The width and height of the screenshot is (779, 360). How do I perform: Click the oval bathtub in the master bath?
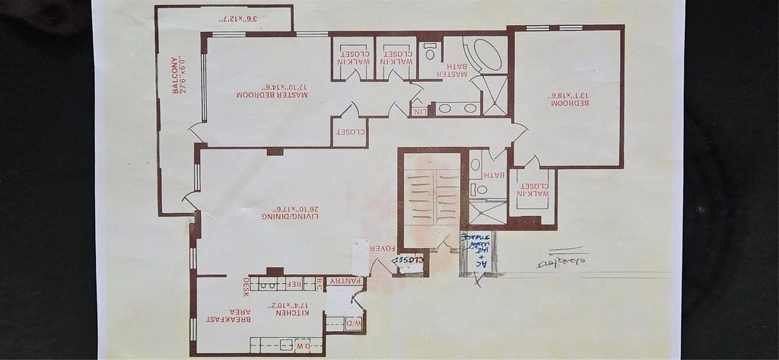coord(485,56)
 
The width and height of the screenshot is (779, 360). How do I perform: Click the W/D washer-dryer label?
coord(354,322)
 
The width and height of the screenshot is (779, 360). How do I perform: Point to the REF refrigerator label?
coord(294,284)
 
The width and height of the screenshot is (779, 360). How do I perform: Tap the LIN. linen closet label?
coord(419,112)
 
